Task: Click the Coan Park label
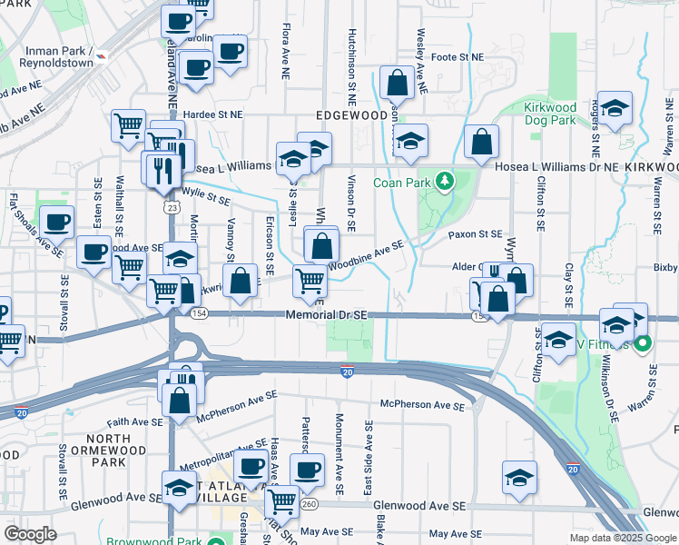pyautogui.click(x=402, y=182)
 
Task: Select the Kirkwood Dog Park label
pyautogui.click(x=550, y=114)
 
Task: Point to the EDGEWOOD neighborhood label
pyautogui.click(x=351, y=115)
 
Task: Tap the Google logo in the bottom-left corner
pyautogui.click(x=29, y=534)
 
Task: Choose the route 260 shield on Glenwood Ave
pyautogui.click(x=310, y=505)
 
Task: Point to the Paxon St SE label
pyautogui.click(x=476, y=234)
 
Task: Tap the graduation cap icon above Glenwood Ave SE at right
pyautogui.click(x=519, y=476)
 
